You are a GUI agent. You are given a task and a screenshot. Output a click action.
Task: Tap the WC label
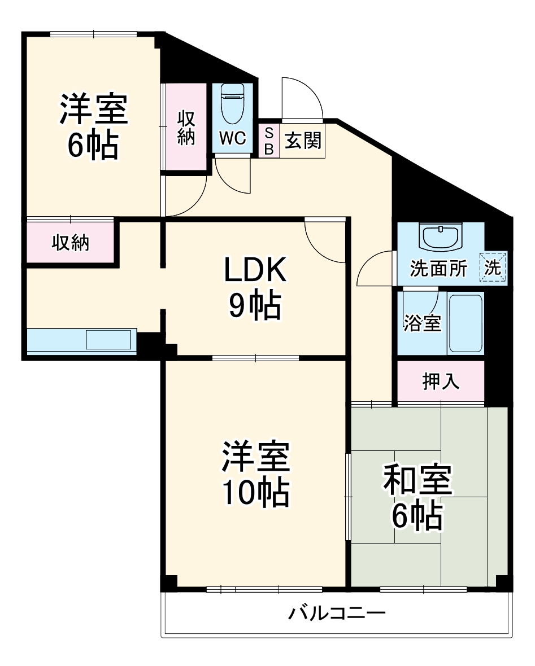coord(233,139)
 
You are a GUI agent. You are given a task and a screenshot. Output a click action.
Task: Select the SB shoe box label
coord(269,141)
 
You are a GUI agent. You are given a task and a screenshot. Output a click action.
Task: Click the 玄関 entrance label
coord(302,141)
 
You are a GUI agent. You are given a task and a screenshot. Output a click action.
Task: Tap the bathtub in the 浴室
coord(465,322)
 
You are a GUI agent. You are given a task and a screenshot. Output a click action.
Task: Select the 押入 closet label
coord(441,382)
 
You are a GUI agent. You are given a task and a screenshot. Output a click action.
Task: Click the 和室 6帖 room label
coord(417,497)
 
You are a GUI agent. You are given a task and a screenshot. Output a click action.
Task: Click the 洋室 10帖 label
coord(255,475)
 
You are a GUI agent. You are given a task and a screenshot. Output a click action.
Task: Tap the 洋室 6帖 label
coord(94,128)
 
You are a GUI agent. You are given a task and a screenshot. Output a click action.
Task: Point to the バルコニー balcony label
coord(337,612)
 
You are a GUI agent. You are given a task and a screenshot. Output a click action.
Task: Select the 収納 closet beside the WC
coord(186,128)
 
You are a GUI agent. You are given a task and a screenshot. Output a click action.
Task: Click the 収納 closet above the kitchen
coord(71,243)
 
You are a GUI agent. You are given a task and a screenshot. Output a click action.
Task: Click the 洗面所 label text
coord(438,269)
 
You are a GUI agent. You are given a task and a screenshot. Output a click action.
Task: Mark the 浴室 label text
coord(422,324)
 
